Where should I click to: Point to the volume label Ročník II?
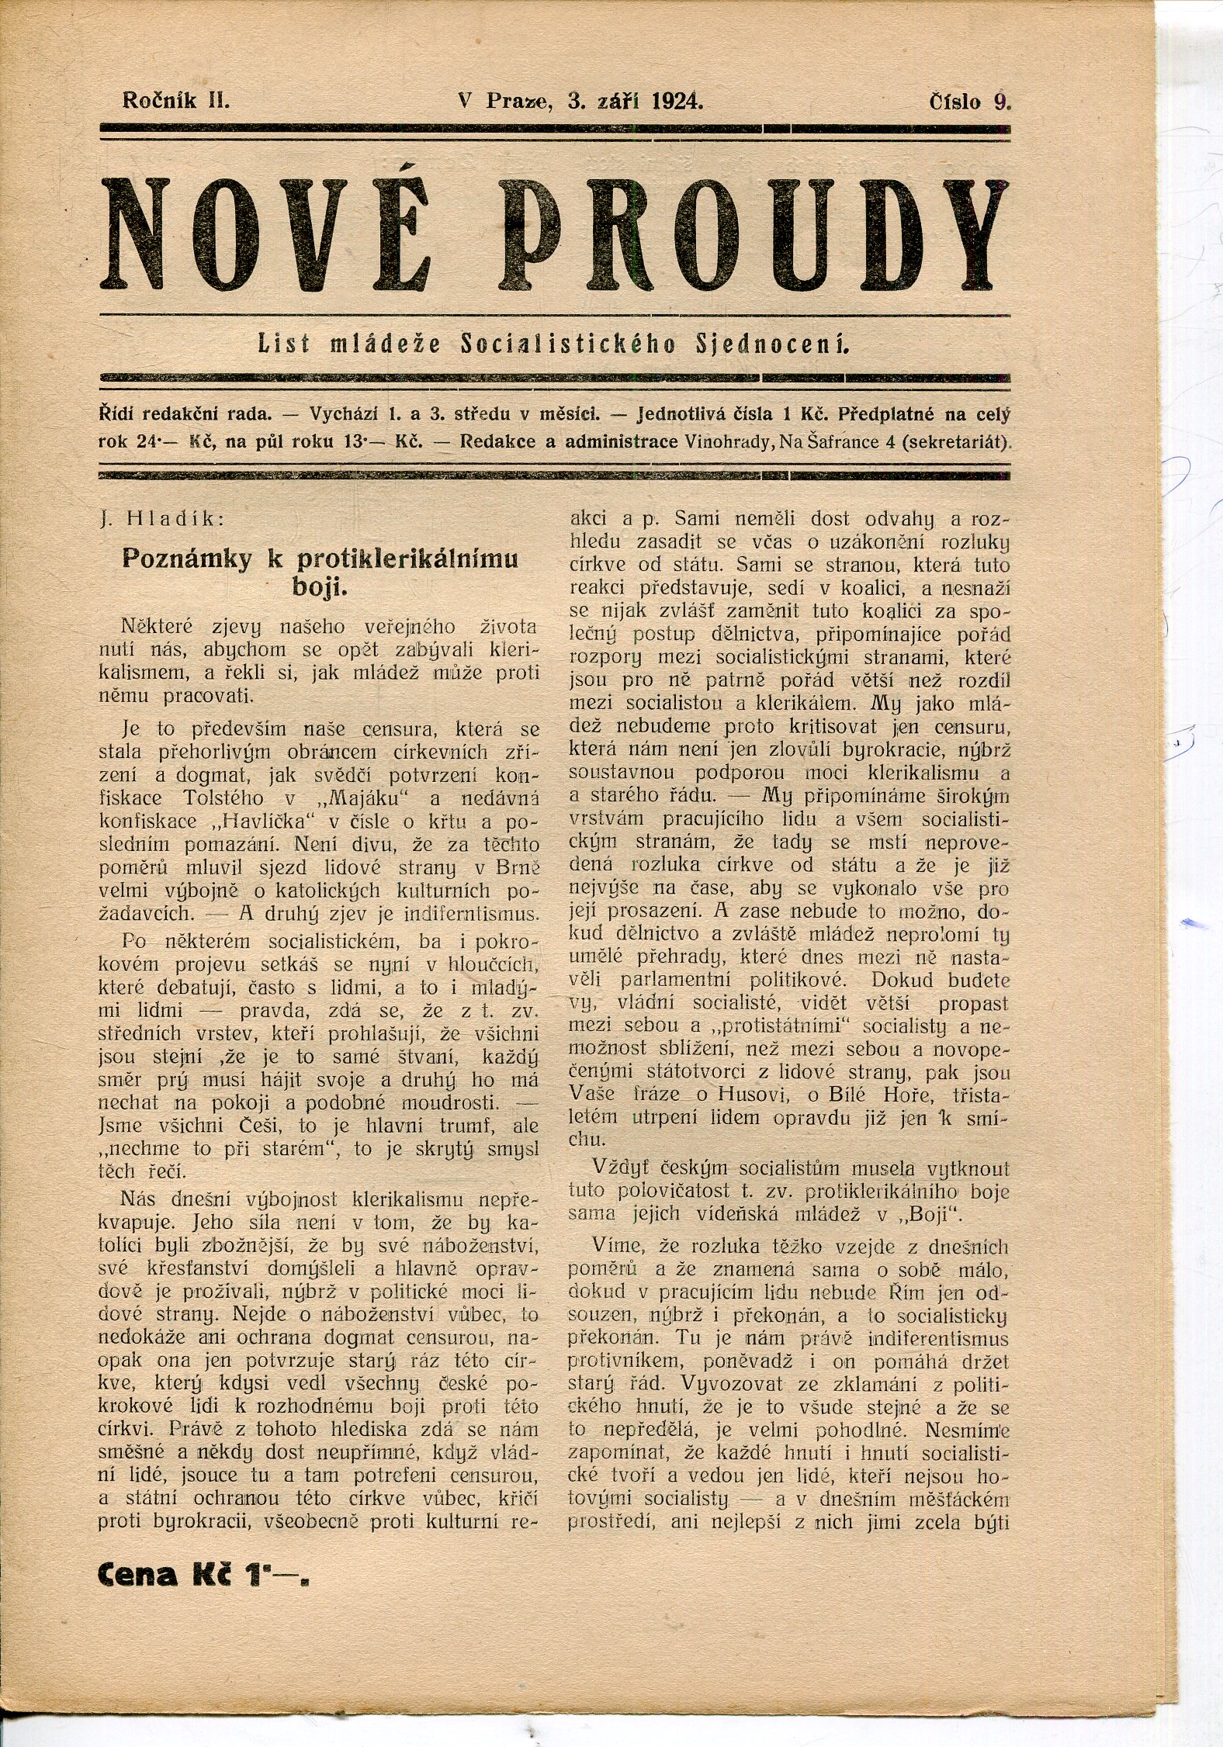point(175,101)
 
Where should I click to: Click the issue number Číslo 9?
point(971,102)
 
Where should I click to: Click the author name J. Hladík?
point(161,520)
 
